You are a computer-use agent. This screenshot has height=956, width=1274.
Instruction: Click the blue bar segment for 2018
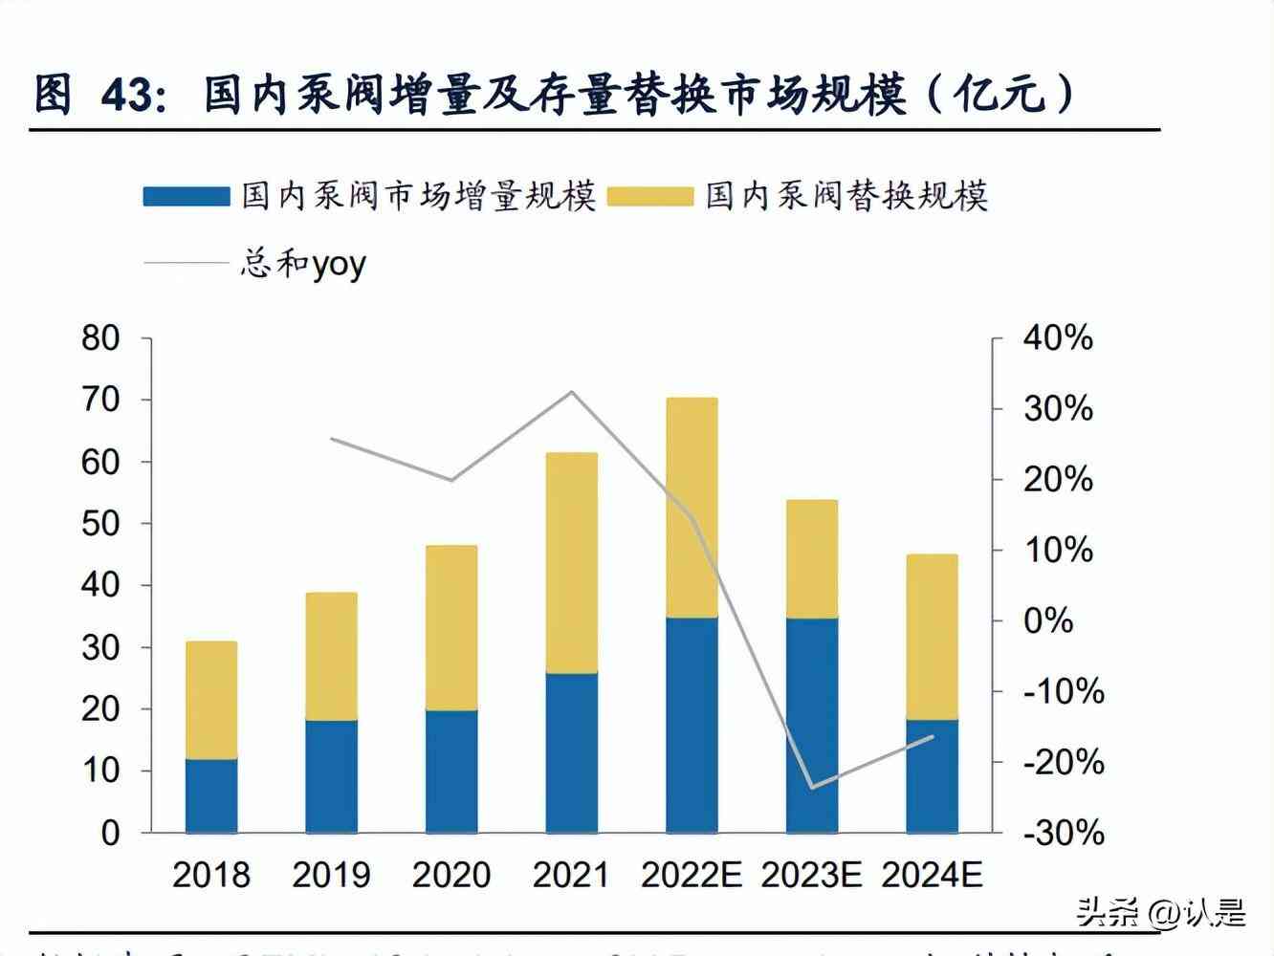point(211,795)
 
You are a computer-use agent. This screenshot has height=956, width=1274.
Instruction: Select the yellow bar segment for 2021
point(572,563)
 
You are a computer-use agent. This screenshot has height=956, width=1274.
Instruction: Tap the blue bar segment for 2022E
point(692,725)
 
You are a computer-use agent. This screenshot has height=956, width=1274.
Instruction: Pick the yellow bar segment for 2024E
point(933,637)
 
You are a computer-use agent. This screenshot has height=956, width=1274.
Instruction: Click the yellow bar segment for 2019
point(332,656)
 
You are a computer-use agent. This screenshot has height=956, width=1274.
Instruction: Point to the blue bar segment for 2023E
point(812,725)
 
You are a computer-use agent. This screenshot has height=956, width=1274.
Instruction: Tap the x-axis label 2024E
point(933,874)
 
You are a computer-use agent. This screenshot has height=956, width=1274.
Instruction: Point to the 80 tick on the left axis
point(100,337)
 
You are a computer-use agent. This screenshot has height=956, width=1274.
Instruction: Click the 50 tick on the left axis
point(100,523)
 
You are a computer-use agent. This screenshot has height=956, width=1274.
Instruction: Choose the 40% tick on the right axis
point(1058,337)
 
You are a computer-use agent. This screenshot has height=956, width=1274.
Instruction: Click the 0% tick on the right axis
point(1048,620)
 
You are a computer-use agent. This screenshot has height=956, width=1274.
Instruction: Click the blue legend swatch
point(187,197)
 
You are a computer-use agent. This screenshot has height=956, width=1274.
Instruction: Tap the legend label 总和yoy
point(302,263)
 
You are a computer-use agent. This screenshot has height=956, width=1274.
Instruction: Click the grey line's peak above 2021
point(572,392)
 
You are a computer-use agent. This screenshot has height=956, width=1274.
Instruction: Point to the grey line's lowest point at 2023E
point(812,788)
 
